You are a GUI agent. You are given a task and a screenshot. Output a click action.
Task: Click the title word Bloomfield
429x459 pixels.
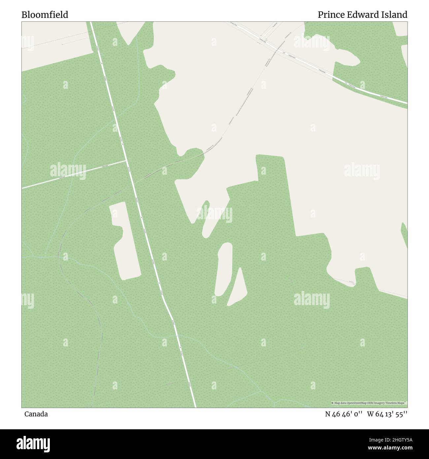45,15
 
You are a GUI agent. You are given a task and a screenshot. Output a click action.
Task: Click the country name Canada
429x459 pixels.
36,414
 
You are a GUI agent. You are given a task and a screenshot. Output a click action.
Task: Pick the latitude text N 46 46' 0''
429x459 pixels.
344,414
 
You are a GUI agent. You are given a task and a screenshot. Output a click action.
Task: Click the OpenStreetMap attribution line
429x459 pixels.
369,403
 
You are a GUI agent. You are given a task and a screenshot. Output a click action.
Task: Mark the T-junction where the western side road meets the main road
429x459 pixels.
127,161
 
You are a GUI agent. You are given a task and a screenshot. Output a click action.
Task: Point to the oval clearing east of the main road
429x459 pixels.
223,269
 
